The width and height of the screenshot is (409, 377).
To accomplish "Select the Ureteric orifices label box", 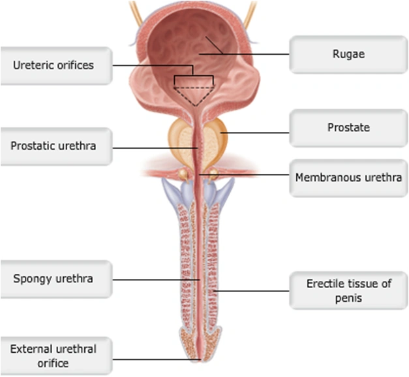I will click(x=53, y=65).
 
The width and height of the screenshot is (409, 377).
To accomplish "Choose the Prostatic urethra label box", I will click(x=53, y=146).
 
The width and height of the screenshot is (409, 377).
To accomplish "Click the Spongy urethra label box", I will click(x=53, y=279).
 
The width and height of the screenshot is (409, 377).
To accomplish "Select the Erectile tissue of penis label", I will click(x=348, y=291).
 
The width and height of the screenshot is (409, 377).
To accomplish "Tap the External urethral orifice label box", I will click(x=53, y=356).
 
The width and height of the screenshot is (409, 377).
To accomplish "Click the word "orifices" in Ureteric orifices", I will click(x=76, y=65).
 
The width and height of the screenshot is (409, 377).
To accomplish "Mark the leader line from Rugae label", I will click(x=261, y=54).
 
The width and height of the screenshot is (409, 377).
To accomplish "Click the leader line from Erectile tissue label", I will click(x=254, y=290).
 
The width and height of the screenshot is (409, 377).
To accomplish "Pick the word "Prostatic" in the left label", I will click(x=31, y=146).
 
